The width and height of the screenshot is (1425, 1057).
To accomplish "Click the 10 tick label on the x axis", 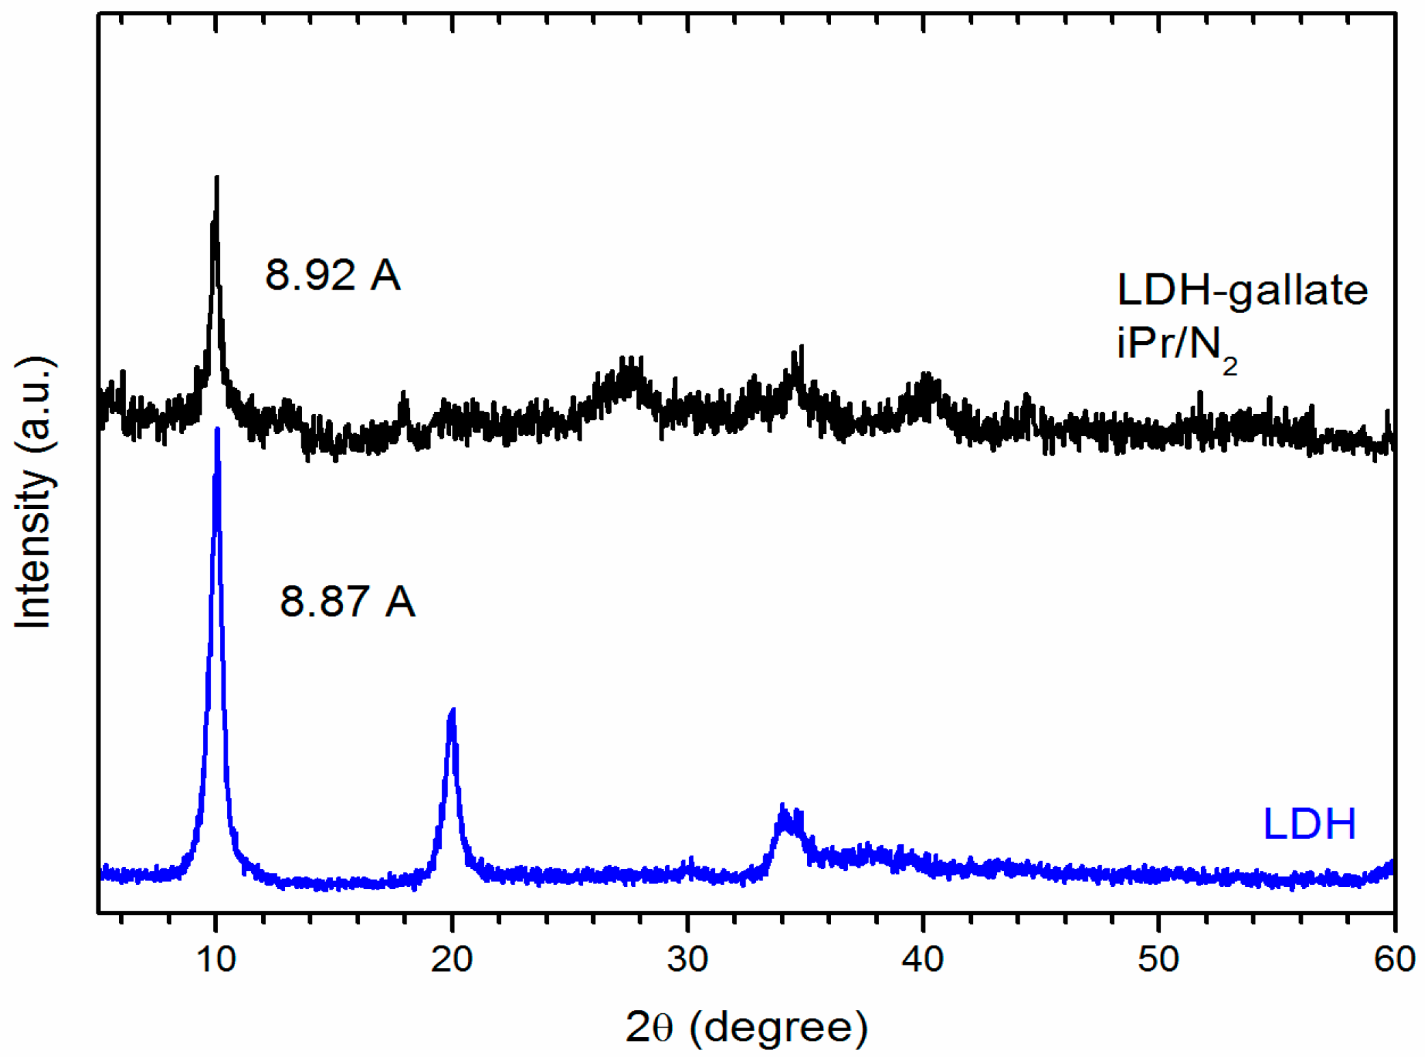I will (x=216, y=959).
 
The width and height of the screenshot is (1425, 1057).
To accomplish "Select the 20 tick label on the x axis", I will (x=451, y=959).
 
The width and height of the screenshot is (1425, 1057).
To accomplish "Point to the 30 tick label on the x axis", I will (x=687, y=959).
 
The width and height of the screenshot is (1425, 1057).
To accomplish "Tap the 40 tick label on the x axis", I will (x=923, y=959).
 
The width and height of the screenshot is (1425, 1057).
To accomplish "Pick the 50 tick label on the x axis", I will (x=1158, y=959).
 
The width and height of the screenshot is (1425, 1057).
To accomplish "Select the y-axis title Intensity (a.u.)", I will (x=34, y=492).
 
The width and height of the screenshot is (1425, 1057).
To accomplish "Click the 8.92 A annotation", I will (x=332, y=275).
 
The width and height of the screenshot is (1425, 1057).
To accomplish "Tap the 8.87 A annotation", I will (x=347, y=601).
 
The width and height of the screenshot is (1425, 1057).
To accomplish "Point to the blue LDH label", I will (x=1309, y=823).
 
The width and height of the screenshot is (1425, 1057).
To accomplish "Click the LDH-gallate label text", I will (x=1242, y=290).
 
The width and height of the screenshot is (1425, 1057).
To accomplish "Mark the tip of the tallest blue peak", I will (x=217, y=430).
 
